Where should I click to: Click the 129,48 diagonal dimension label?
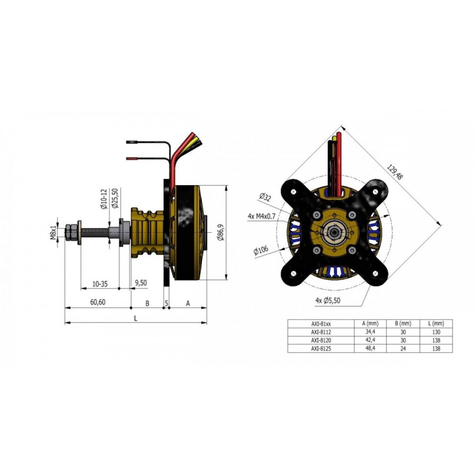(x=395, y=172)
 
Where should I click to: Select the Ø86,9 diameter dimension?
(x=221, y=233)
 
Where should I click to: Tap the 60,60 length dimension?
(x=98, y=302)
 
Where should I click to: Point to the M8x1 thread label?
(x=53, y=233)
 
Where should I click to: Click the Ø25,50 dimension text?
(x=114, y=199)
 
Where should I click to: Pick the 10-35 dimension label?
(x=100, y=284)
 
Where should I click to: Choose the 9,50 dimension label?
(x=141, y=283)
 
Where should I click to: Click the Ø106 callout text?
(x=261, y=250)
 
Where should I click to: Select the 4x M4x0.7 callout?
(x=261, y=216)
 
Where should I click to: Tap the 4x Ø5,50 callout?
(x=328, y=301)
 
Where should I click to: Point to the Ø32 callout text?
(x=265, y=197)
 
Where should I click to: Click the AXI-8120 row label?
(x=321, y=341)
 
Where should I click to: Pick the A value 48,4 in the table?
(x=370, y=348)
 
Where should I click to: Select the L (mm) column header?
(x=436, y=323)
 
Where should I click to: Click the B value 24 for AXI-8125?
(x=403, y=349)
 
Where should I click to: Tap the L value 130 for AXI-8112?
(x=436, y=332)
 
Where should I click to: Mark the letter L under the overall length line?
(x=136, y=318)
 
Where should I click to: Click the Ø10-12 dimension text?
(x=104, y=199)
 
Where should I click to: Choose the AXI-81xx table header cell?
(x=321, y=324)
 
